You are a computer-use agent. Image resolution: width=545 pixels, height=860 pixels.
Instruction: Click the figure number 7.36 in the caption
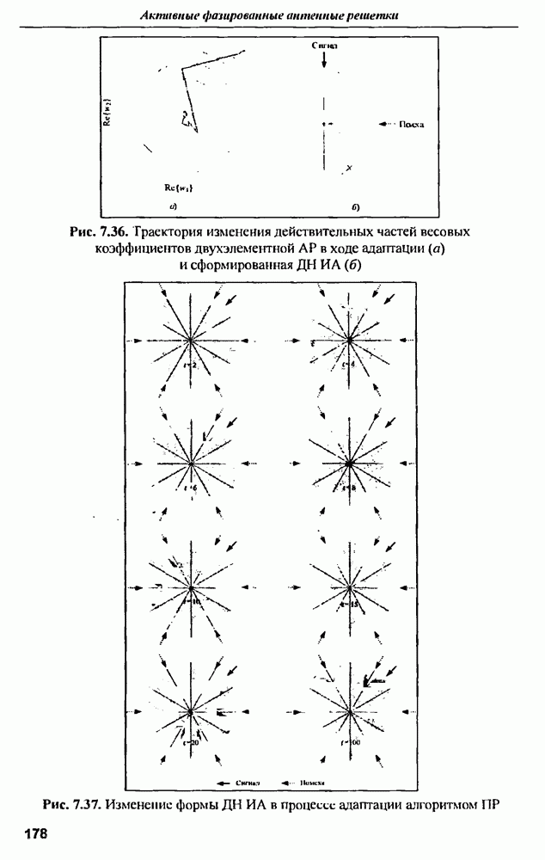pyautogui.click(x=110, y=233)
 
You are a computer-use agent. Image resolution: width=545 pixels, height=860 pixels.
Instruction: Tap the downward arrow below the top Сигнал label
pyautogui.click(x=323, y=59)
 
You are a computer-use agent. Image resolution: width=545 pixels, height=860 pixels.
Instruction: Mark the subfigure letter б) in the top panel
pyautogui.click(x=356, y=207)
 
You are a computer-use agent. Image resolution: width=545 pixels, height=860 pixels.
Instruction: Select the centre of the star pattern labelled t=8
pyautogui.click(x=350, y=464)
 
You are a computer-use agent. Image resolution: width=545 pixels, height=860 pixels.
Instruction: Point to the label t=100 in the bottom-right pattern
pyautogui.click(x=350, y=740)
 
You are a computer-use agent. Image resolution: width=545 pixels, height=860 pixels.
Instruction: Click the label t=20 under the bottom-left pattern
pyautogui.click(x=191, y=741)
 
